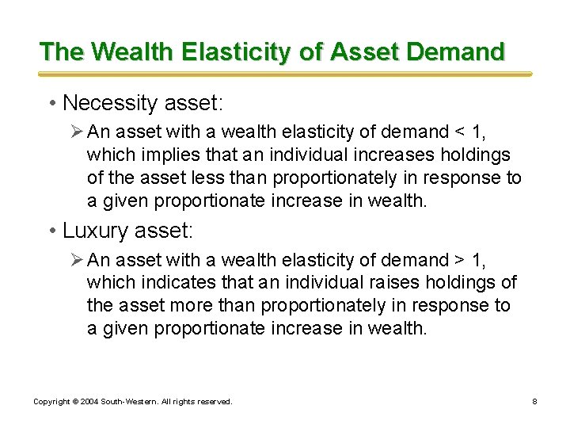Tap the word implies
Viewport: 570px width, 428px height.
[169, 154]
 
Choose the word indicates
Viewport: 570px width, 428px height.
[176, 283]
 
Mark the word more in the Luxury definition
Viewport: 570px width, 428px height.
[188, 306]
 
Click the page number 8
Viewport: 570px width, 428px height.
[534, 402]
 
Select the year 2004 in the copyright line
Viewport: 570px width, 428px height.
[88, 402]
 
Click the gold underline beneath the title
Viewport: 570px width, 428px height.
[285, 74]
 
